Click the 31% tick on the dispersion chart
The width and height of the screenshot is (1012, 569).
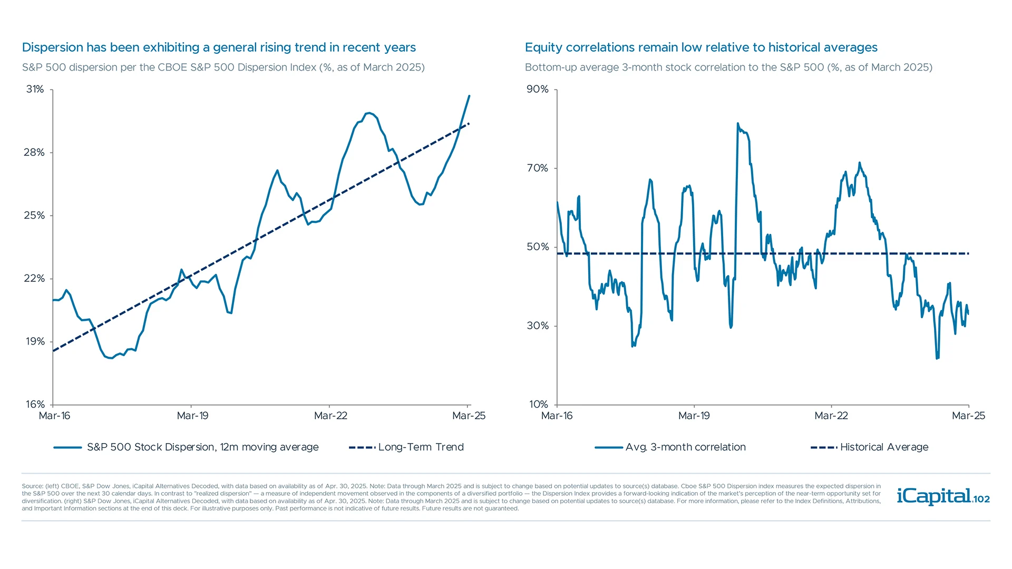[35, 90]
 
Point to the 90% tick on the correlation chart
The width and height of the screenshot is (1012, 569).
[538, 90]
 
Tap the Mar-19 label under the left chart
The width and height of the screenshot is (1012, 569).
[192, 416]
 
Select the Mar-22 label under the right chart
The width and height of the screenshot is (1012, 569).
[831, 416]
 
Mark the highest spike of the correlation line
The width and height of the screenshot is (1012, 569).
[737, 124]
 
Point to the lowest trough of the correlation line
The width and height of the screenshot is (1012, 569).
[937, 358]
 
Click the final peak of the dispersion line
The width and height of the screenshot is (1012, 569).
[469, 96]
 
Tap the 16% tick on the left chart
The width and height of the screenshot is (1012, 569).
[35, 405]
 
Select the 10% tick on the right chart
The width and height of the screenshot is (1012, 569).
[539, 405]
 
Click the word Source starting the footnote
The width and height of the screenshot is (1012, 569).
[32, 486]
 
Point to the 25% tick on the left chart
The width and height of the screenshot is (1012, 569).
[34, 215]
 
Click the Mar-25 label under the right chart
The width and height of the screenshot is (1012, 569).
[968, 416]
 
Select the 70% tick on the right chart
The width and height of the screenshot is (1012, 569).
[538, 168]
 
